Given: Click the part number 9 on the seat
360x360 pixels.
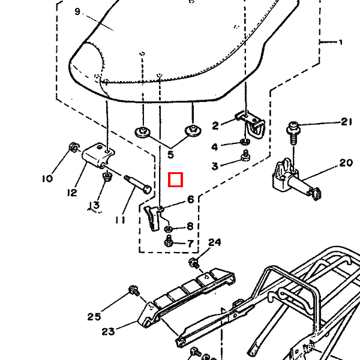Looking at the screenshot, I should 77,11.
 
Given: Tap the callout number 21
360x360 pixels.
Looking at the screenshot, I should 346,122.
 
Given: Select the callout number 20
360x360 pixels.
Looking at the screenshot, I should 346,163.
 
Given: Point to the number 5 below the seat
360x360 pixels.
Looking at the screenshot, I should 170,155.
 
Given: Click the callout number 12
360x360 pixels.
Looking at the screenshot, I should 73,193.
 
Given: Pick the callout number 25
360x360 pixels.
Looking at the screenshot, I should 94,317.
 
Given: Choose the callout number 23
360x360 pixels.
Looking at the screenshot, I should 109,331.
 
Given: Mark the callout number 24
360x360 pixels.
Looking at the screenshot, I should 215,242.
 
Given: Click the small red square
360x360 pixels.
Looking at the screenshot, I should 175,180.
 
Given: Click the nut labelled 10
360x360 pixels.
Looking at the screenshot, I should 73,146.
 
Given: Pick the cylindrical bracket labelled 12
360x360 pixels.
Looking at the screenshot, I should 97,157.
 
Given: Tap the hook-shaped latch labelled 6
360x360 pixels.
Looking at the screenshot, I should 154,216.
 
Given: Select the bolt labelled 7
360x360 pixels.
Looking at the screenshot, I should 169,241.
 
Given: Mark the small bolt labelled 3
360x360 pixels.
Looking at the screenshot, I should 245,157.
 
